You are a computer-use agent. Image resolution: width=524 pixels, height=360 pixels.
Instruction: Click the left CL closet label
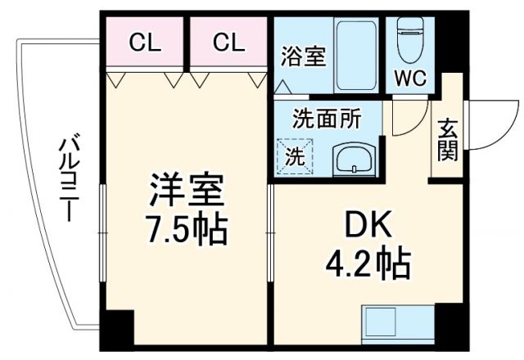tap(146, 43)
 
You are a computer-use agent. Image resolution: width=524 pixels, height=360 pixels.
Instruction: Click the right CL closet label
tap(229, 43)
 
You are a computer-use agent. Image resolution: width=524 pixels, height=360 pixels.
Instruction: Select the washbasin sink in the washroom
tap(354, 156)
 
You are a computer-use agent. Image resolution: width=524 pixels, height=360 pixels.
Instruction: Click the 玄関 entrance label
tap(447, 141)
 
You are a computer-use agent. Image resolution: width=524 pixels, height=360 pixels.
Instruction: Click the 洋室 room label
tap(187, 193)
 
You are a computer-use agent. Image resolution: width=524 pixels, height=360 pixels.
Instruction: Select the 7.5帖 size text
tap(187, 230)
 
